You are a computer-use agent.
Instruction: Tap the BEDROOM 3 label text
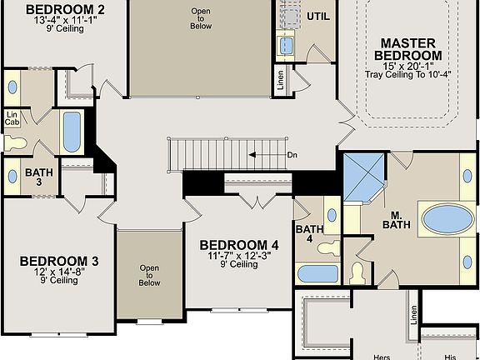[59, 261]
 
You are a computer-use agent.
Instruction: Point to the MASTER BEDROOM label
[410, 48]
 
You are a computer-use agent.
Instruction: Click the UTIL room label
[318, 16]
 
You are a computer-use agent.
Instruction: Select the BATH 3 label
[38, 177]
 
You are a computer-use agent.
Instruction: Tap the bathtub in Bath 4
[317, 272]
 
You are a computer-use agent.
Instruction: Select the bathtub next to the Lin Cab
[72, 131]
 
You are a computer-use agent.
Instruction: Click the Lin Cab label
[12, 119]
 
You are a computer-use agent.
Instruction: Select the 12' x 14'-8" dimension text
[58, 272]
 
